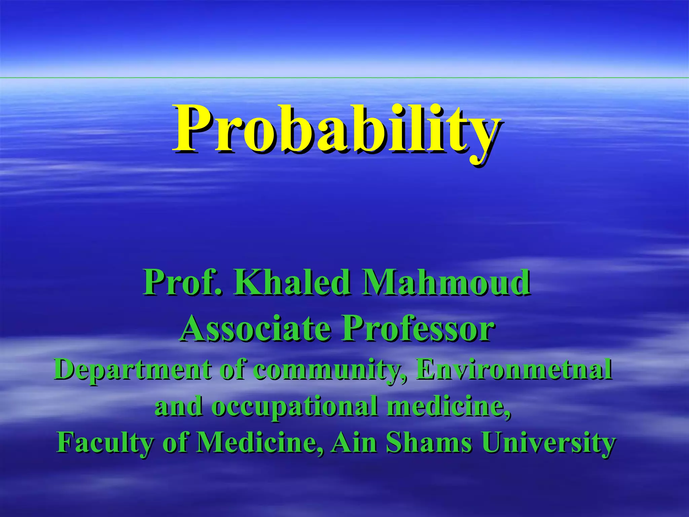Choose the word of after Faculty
(175, 443)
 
